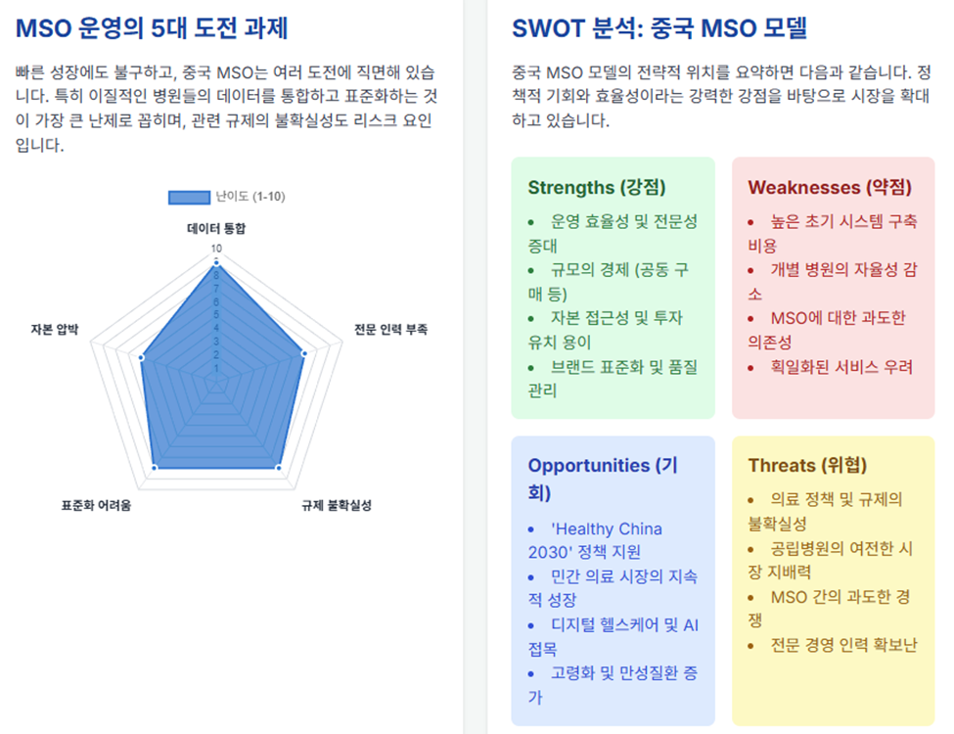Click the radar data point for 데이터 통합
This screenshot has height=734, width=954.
pos(216,263)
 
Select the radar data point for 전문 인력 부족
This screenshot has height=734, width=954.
pos(304,353)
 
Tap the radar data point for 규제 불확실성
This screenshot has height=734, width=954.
pos(278,468)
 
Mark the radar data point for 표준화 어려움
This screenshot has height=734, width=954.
pos(155,468)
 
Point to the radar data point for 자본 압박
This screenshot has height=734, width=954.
pos(142,358)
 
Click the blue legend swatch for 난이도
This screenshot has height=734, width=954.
pos(189,197)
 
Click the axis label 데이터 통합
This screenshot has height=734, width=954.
pos(216,228)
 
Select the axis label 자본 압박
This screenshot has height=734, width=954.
pos(55,329)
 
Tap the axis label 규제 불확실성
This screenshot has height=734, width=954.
pos(337,505)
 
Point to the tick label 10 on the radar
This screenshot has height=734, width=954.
pos(216,249)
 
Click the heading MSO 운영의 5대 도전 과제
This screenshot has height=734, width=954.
pos(152,28)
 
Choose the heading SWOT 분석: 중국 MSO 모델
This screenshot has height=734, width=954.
pos(659,28)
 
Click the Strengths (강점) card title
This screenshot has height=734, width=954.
pos(597,188)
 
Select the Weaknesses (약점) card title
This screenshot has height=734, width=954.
pos(830,188)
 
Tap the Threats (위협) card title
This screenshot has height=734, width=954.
pos(807,466)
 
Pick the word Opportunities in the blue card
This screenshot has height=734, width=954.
pos(589,466)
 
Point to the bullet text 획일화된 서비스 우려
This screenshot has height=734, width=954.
pos(841,367)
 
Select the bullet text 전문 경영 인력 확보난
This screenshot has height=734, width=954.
pos(843,645)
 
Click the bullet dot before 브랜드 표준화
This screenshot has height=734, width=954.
pos(531,368)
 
